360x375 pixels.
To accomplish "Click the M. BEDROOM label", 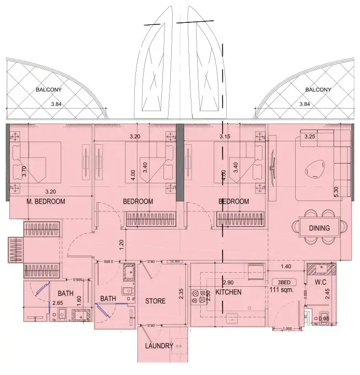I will (46, 202).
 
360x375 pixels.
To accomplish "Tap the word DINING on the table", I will (320, 228).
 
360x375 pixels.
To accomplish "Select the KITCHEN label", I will (229, 292).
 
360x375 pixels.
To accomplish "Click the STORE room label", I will (155, 301).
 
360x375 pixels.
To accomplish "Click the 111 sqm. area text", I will (283, 290).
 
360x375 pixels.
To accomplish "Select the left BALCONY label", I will (49, 90).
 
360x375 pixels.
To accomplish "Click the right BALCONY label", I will (318, 90).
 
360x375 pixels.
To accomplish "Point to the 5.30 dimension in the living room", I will (336, 192).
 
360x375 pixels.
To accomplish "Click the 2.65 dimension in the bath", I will (57, 303).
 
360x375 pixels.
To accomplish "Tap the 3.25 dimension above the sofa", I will (310, 137).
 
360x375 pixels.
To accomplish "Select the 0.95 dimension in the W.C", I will (324, 319).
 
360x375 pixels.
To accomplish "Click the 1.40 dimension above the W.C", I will (286, 266).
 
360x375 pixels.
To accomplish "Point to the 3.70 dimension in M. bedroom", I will (24, 170).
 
